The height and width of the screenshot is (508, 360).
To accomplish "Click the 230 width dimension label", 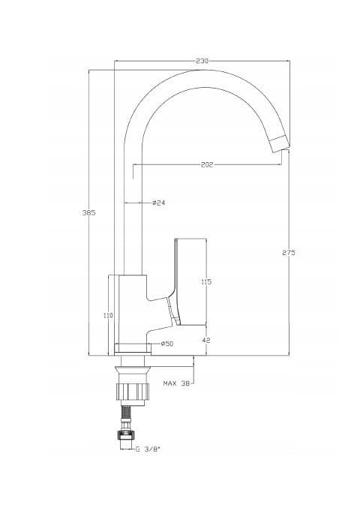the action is click(202, 61).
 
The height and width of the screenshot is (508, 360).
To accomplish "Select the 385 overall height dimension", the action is click(89, 213).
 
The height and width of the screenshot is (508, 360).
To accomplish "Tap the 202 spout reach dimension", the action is click(207, 165).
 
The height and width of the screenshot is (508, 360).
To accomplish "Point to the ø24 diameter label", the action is click(159, 203).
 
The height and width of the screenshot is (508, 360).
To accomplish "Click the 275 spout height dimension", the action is click(289, 253).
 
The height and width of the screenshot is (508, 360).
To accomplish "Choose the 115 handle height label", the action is click(206, 282).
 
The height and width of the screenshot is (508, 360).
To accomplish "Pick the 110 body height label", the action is click(108, 315).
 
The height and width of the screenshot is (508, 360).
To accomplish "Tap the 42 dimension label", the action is click(206, 340).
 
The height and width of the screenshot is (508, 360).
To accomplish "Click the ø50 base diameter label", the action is click(167, 344).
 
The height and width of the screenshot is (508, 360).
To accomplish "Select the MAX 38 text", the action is click(176, 383).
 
